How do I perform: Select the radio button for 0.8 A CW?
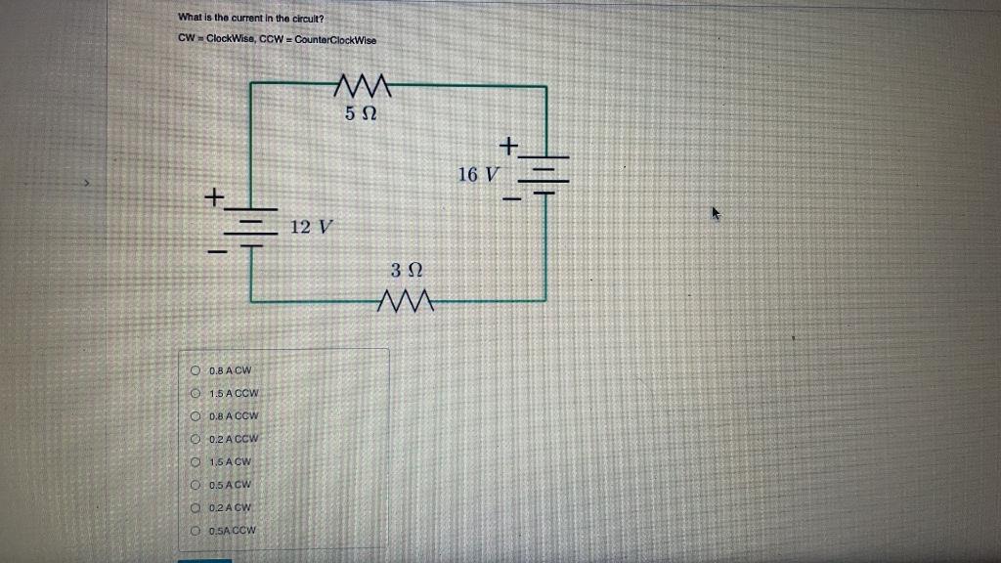click(x=196, y=370)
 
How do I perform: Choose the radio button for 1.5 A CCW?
click(x=196, y=393)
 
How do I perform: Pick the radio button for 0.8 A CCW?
click(x=196, y=415)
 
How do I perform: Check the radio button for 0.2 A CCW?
click(x=196, y=439)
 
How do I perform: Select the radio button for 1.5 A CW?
click(x=196, y=461)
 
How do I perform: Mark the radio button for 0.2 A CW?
click(x=196, y=507)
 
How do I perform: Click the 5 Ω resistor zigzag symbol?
click(x=363, y=87)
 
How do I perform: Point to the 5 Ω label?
click(x=360, y=114)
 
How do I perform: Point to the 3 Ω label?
click(x=405, y=270)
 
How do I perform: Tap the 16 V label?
click(x=478, y=175)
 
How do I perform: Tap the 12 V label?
click(x=312, y=227)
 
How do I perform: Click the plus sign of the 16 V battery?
click(x=508, y=147)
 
